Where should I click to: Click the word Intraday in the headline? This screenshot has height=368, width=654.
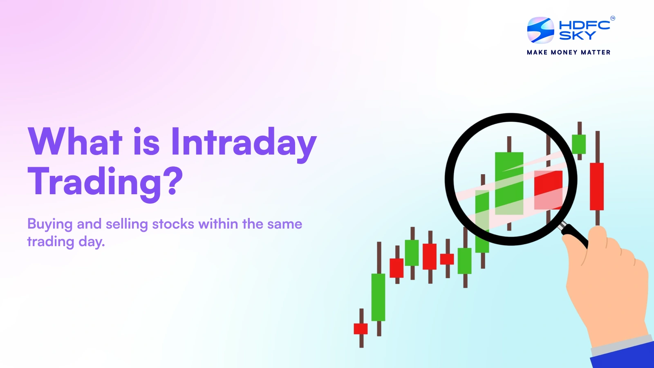(244, 142)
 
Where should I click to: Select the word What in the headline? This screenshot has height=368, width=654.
(75, 142)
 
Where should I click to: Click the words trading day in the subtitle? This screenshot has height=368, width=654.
(66, 242)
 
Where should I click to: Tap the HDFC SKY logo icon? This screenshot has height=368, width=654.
(540, 30)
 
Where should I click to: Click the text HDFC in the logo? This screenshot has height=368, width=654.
(584, 25)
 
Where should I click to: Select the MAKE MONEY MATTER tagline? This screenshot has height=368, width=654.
(569, 52)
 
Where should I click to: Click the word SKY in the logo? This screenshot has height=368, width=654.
(577, 36)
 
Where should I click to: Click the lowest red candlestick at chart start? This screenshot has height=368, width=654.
(361, 328)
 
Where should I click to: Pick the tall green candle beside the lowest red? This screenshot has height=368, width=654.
(378, 297)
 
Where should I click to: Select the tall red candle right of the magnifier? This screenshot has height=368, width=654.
(597, 186)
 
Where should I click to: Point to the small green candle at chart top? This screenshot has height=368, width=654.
(578, 144)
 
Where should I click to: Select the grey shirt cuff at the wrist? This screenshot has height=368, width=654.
(621, 343)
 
